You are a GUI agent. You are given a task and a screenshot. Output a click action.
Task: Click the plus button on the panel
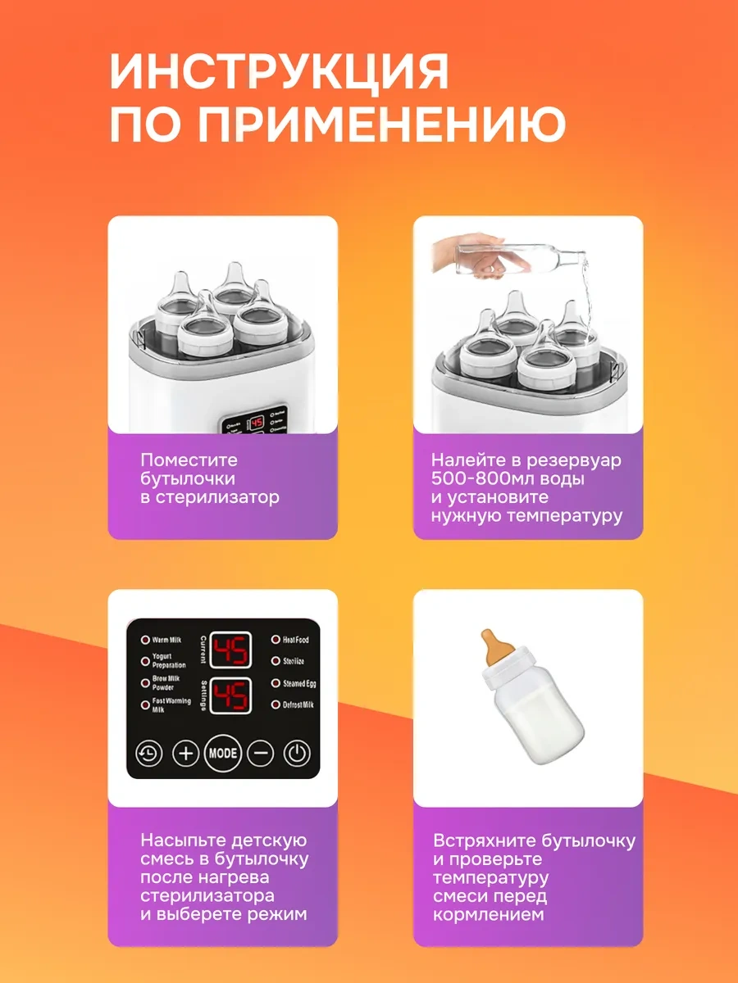[186, 752]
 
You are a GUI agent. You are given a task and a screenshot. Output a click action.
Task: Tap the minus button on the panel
[260, 752]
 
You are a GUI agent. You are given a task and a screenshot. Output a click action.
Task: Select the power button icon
[297, 752]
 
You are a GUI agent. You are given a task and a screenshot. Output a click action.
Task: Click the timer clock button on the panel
[148, 752]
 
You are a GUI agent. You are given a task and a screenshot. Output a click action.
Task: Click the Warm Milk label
[167, 640]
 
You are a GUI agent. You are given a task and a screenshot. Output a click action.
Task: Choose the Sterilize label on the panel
[294, 661]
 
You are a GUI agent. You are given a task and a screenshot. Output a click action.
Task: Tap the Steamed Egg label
[298, 683]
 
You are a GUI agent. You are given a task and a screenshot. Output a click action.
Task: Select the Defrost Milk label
[298, 705]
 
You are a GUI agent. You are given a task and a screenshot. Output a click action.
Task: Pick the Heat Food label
[295, 640]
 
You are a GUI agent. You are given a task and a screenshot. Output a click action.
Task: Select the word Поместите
[188, 460]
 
